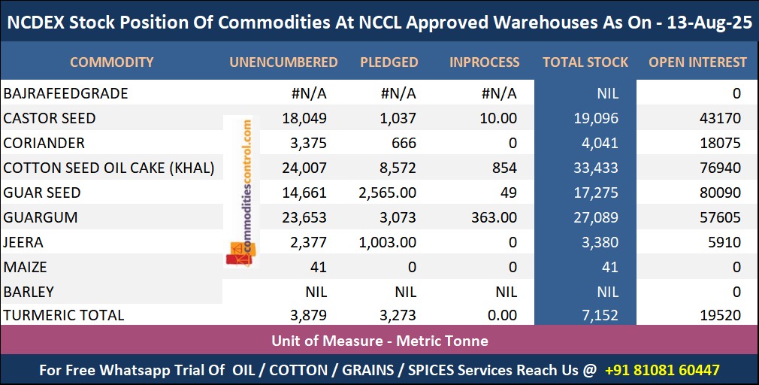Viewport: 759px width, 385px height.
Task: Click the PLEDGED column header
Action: click(x=389, y=62)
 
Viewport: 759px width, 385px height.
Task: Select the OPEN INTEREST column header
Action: click(x=697, y=62)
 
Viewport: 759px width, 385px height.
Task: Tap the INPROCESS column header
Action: click(x=484, y=62)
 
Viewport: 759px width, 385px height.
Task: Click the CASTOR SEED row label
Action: click(x=50, y=118)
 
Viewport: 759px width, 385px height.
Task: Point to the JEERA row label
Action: click(x=24, y=242)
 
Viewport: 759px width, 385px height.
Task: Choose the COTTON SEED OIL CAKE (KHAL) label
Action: click(x=109, y=168)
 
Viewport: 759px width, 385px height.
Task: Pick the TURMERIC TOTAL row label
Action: click(x=64, y=316)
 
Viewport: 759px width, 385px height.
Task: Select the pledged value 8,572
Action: click(x=395, y=168)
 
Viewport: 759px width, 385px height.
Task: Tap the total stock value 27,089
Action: click(x=594, y=218)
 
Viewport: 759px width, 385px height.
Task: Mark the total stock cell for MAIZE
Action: click(x=609, y=267)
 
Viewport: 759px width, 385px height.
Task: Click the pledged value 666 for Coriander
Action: click(x=403, y=143)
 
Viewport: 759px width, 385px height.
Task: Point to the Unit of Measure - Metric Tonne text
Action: click(x=379, y=341)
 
